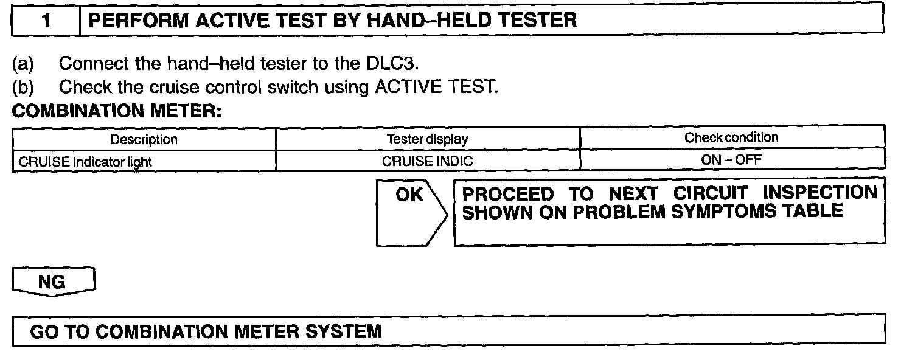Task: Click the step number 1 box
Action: (46, 21)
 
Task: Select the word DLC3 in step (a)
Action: (384, 64)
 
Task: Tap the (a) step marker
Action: (23, 64)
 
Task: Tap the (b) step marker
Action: (23, 87)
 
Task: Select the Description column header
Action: (144, 139)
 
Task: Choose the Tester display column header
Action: (428, 139)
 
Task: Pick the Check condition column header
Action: (731, 137)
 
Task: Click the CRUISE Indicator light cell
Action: (86, 162)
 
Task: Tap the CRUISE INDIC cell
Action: (427, 162)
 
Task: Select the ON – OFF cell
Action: (731, 161)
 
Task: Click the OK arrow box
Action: (411, 212)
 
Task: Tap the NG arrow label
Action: (52, 282)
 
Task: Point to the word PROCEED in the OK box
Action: (509, 195)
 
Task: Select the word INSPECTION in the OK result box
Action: (820, 193)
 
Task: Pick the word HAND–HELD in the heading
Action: (405, 21)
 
